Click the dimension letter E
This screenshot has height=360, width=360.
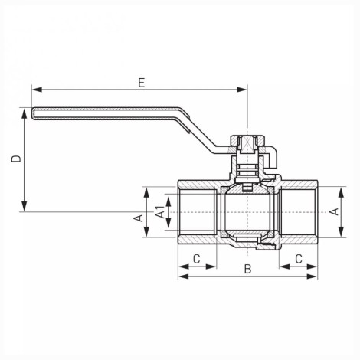click(x=141, y=83)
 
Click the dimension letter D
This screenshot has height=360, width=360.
click(x=16, y=159)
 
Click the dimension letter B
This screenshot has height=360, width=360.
click(x=247, y=269)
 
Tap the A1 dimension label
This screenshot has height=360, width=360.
click(x=160, y=212)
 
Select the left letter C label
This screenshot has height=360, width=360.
click(x=196, y=259)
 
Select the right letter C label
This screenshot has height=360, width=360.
click(x=299, y=259)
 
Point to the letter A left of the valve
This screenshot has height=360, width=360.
click(x=139, y=218)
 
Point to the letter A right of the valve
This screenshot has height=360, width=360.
click(x=334, y=211)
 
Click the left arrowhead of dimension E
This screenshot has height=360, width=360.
click(x=37, y=90)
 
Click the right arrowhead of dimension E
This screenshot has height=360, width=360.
click(x=242, y=90)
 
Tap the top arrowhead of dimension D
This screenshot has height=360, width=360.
click(x=25, y=113)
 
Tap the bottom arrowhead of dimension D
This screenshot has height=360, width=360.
click(x=25, y=206)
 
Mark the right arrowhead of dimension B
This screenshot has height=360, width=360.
click(x=313, y=277)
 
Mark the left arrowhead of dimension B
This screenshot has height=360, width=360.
click(x=183, y=277)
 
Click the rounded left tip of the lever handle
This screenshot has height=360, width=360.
click(x=33, y=113)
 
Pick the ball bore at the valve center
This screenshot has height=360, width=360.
click(x=247, y=212)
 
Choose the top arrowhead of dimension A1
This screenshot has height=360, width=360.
click(x=169, y=202)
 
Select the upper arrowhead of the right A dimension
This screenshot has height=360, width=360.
click(x=341, y=192)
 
